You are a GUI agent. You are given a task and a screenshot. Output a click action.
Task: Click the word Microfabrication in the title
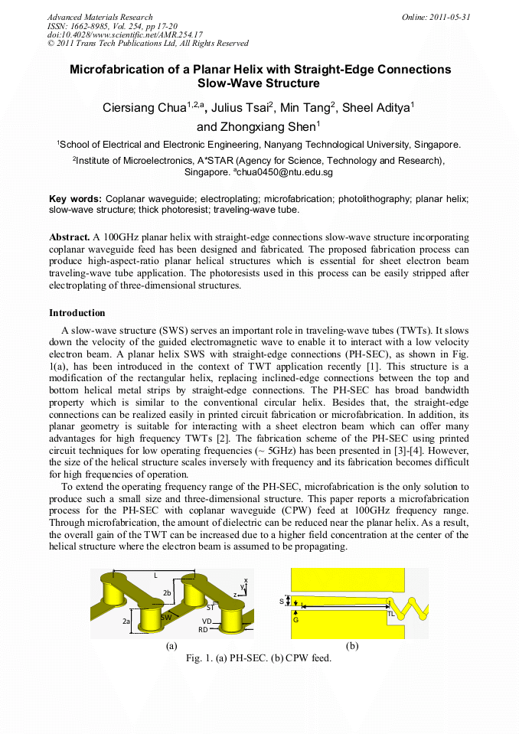(115, 70)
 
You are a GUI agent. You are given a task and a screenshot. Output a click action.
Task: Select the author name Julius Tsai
(240, 108)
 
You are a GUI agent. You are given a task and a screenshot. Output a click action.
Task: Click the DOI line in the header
(125, 34)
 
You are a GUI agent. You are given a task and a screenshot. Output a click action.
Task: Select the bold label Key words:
(75, 197)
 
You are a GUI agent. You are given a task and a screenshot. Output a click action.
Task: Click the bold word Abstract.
(70, 238)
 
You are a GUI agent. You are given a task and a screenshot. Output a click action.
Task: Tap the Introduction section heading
(77, 312)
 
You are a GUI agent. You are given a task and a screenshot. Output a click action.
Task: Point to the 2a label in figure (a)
(126, 621)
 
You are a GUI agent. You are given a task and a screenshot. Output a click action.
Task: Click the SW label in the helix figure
(165, 617)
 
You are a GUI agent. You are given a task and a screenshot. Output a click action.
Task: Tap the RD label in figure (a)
(203, 629)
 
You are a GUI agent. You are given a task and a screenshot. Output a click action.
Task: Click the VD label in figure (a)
(206, 621)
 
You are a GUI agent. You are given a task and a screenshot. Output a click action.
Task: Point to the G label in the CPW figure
(295, 620)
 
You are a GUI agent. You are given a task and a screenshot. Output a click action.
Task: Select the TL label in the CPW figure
(391, 614)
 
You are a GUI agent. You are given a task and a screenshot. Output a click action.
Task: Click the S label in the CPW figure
(282, 602)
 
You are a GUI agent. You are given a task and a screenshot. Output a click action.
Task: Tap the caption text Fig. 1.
(198, 657)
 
